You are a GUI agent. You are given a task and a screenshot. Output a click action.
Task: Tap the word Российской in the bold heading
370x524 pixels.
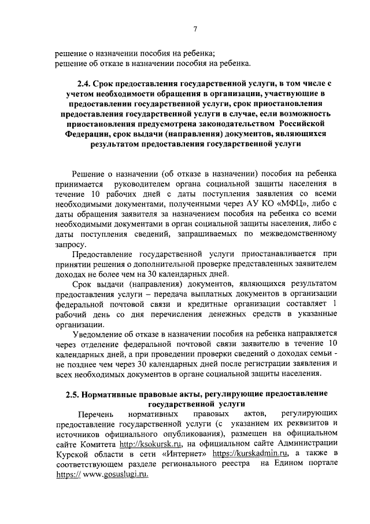point(305,123)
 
